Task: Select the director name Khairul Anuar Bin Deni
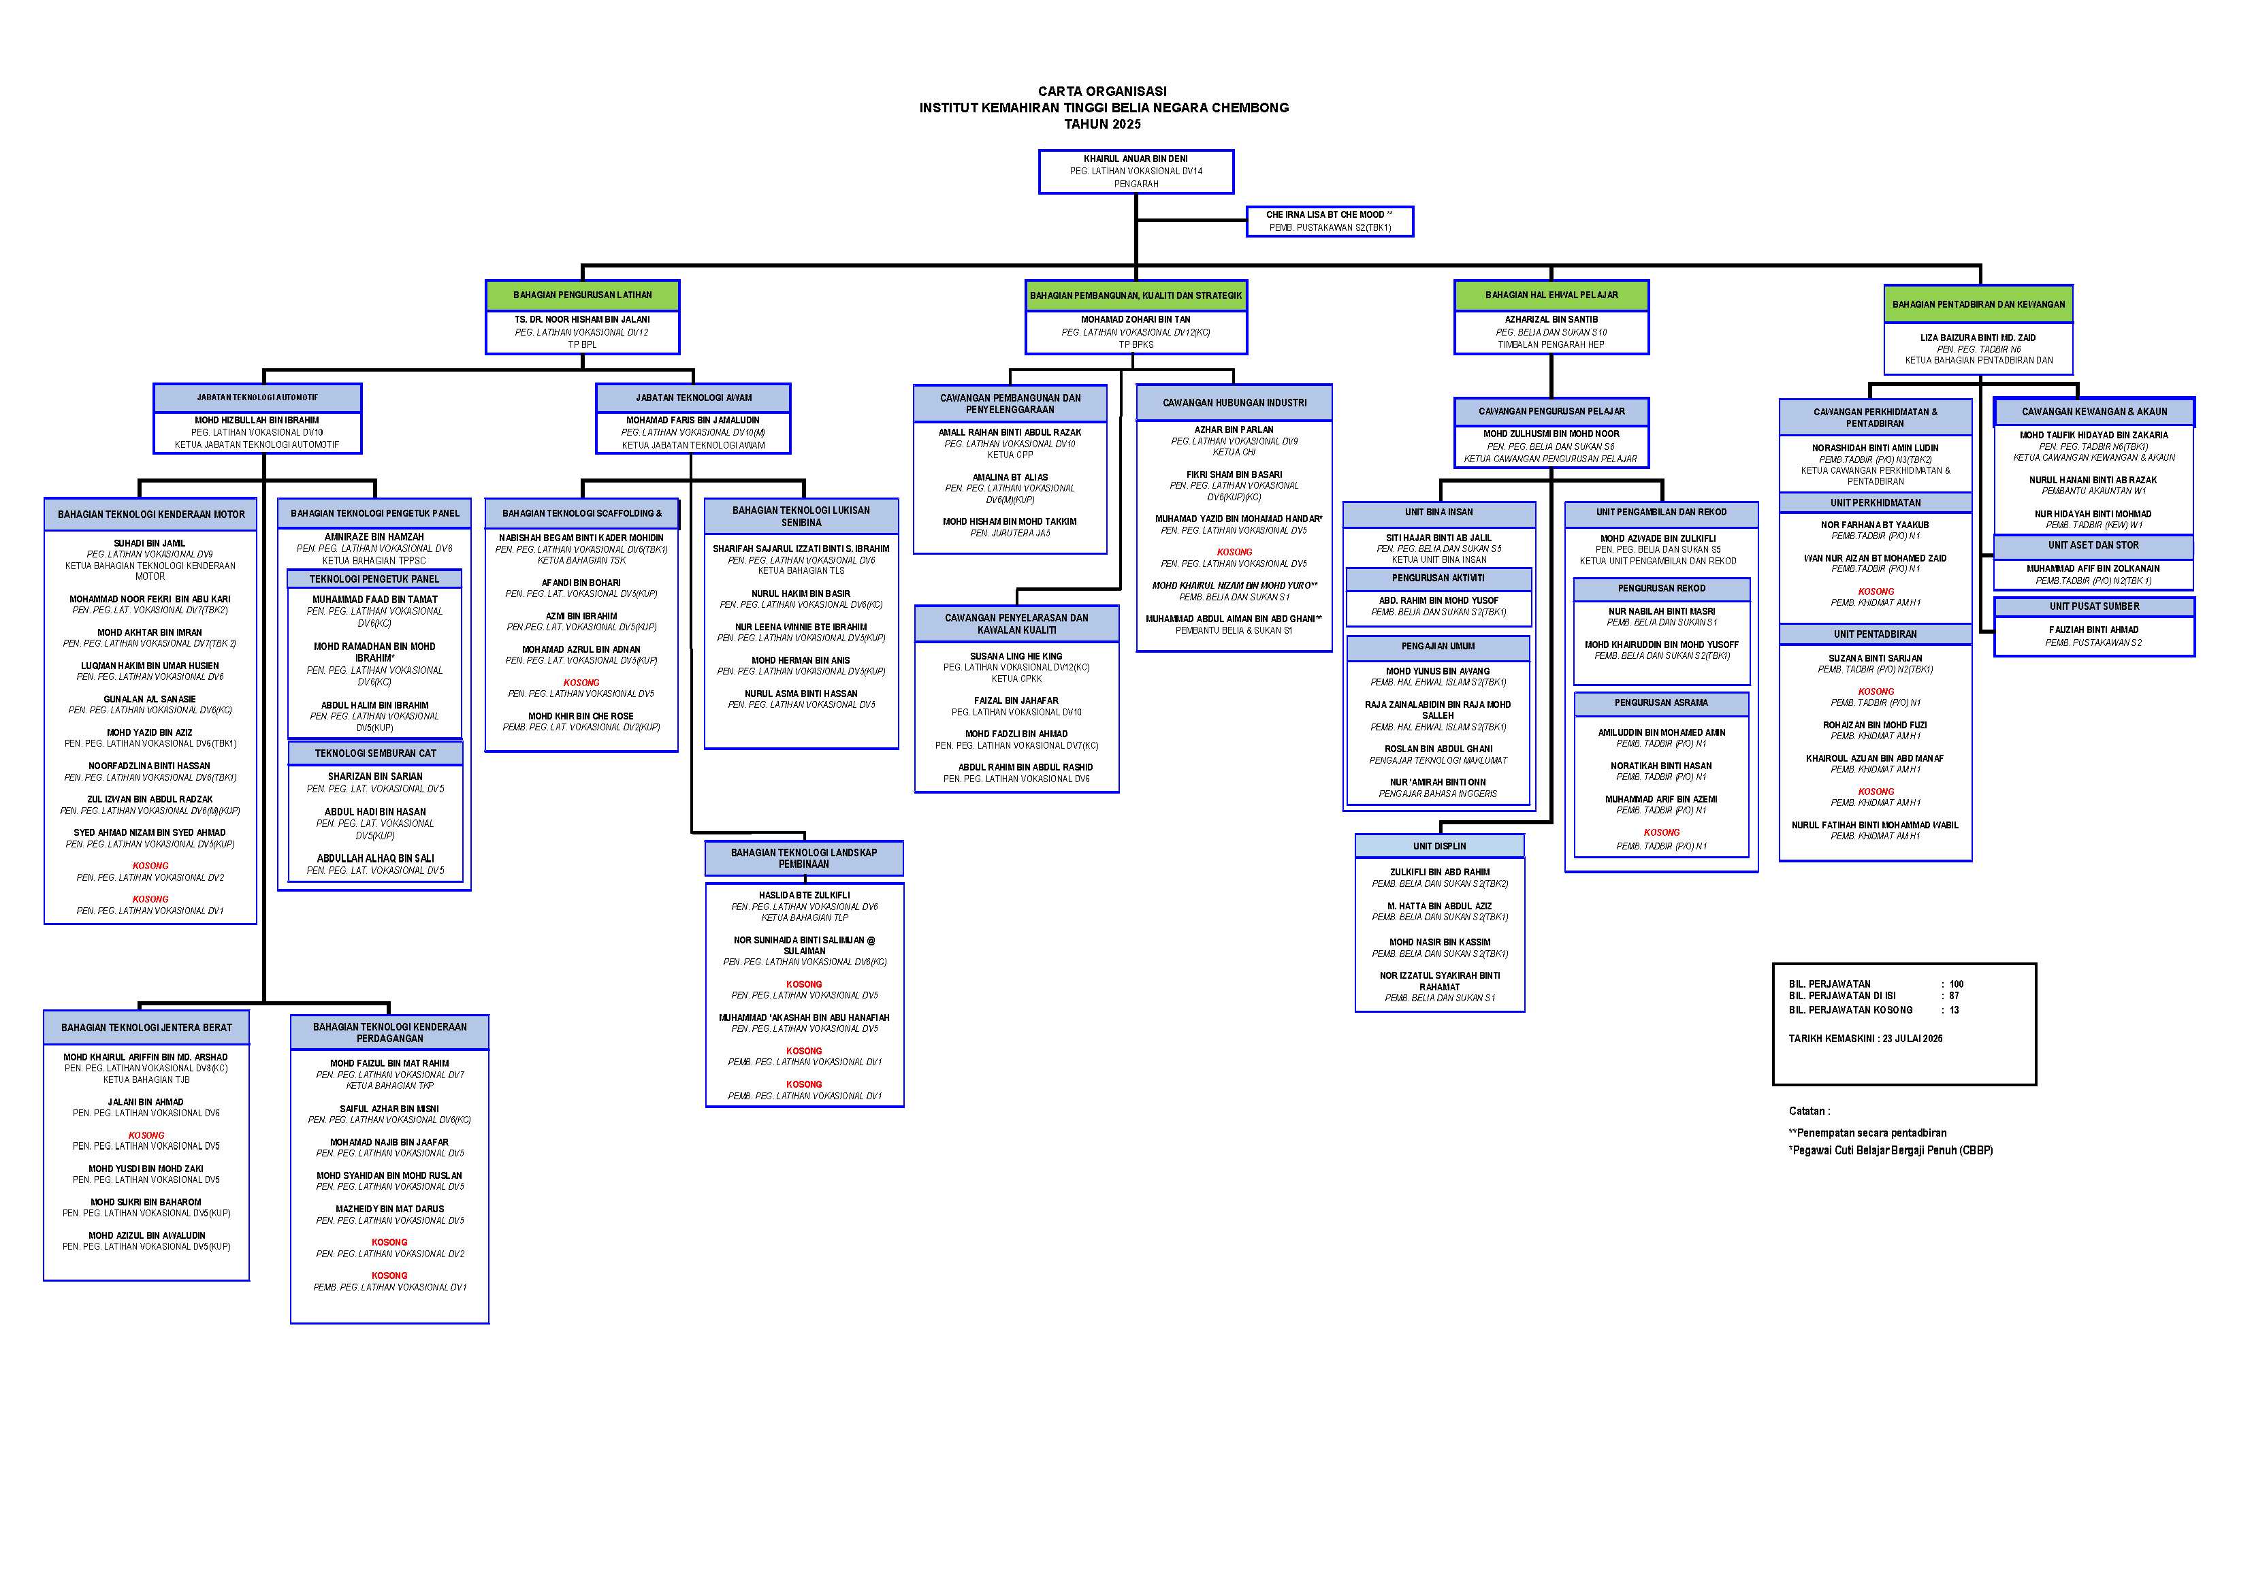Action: coord(1135,159)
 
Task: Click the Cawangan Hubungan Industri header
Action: coord(1234,403)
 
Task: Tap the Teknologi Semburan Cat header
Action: coord(374,753)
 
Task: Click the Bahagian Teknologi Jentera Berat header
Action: coord(146,1028)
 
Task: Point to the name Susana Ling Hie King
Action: coord(1016,656)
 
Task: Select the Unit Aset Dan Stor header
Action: coord(2093,545)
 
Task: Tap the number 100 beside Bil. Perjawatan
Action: coord(1956,984)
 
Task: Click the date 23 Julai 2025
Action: coord(1912,1039)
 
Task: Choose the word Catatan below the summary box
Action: coord(1807,1111)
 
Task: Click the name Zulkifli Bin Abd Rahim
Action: coord(1439,872)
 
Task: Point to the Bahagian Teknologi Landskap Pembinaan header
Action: coord(803,858)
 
